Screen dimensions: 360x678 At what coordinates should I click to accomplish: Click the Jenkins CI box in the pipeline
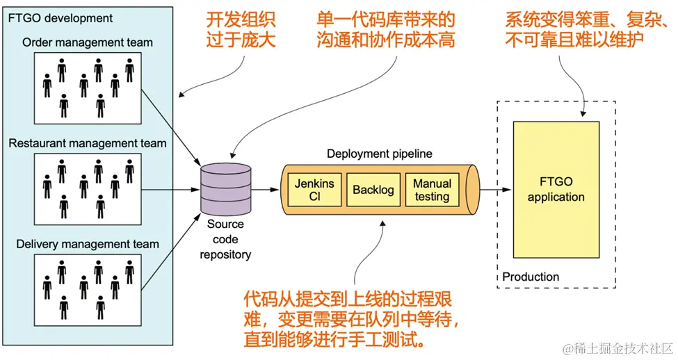(x=314, y=190)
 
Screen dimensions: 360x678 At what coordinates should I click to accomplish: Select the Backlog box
(x=373, y=190)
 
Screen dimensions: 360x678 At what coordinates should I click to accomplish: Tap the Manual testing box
(x=432, y=190)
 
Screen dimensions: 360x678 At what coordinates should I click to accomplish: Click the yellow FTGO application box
(x=556, y=190)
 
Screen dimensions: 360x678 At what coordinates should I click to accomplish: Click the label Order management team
(x=88, y=42)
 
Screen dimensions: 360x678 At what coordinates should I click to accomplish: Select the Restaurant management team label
(x=88, y=144)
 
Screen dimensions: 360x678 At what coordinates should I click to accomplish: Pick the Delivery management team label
(x=88, y=244)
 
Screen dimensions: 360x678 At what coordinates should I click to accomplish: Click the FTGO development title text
(x=60, y=17)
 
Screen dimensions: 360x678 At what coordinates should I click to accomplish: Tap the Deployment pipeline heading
(x=379, y=154)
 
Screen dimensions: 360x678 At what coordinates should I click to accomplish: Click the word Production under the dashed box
(x=531, y=277)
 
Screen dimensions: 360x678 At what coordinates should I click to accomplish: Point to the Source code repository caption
(x=225, y=239)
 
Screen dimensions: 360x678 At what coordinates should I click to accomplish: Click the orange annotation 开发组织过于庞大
(x=241, y=31)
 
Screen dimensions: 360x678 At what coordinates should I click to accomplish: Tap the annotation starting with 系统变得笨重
(x=583, y=31)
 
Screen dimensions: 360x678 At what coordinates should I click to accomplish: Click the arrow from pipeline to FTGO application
(x=496, y=189)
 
